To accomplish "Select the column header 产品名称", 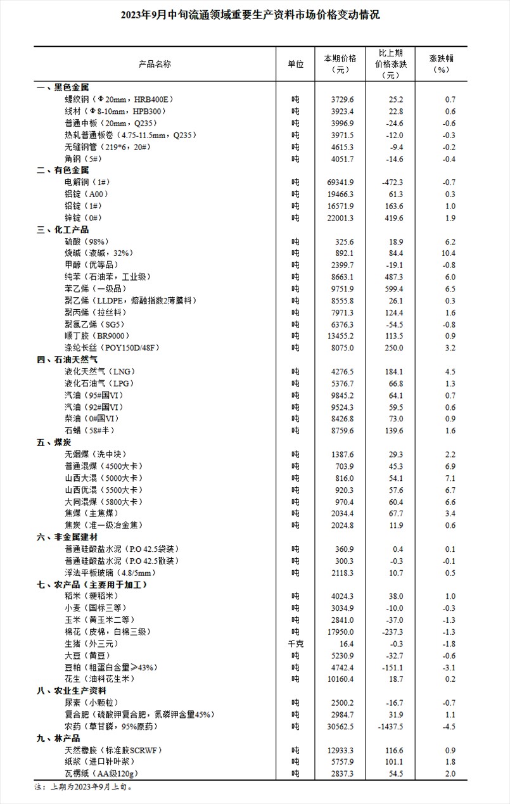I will click(x=155, y=64).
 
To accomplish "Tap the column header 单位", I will click(x=295, y=64).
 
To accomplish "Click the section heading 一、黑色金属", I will click(x=63, y=87).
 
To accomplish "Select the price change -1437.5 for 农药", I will click(x=387, y=726).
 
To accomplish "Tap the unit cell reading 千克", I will click(x=295, y=643).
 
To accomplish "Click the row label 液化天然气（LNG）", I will click(x=100, y=371).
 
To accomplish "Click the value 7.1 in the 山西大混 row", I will click(x=449, y=478).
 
